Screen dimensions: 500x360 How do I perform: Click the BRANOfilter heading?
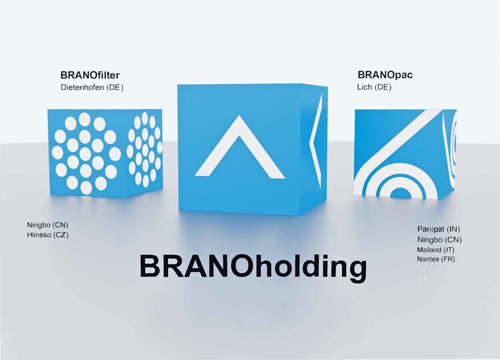[90, 75]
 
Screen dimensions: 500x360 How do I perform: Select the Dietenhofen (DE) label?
[92, 87]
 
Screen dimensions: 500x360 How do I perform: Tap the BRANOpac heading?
[385, 75]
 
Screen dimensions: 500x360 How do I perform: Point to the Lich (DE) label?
[374, 87]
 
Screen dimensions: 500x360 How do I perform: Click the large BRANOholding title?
[253, 267]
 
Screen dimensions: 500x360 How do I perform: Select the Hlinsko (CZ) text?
[47, 235]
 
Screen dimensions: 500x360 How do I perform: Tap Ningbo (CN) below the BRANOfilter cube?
[47, 225]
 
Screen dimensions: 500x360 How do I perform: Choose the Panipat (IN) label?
[439, 229]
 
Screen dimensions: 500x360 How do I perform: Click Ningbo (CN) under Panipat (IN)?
[439, 239]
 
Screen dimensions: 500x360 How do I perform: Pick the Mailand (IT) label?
[435, 249]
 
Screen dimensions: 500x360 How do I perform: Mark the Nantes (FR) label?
[436, 259]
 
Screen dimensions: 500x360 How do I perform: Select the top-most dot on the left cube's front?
[85, 119]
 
